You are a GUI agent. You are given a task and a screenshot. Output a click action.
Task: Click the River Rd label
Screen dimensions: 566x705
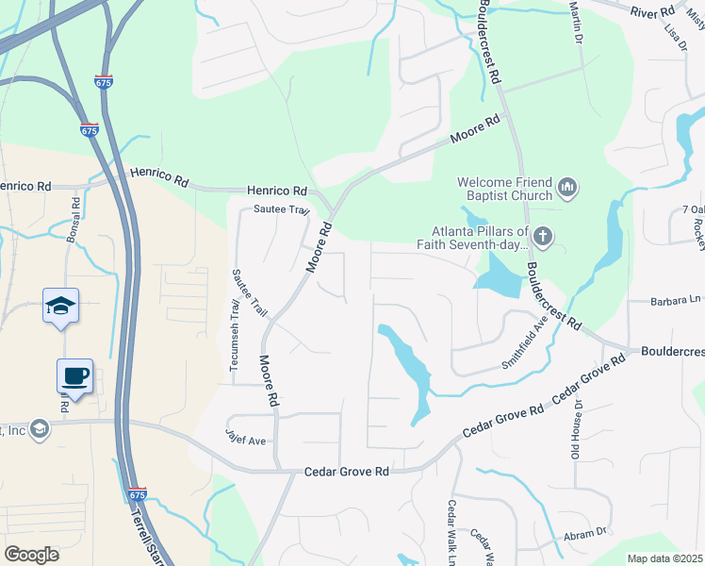tap(653, 10)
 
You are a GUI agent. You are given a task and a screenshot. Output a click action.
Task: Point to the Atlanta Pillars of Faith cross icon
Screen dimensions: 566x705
tap(542, 235)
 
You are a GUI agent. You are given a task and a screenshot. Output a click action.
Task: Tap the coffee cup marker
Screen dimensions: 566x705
tap(74, 376)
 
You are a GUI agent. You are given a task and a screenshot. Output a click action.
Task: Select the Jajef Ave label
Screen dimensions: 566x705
tap(246, 440)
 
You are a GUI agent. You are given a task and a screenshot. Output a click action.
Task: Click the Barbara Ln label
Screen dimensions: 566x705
tap(677, 302)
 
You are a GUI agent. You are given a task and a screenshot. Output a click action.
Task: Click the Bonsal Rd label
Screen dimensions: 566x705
tap(72, 218)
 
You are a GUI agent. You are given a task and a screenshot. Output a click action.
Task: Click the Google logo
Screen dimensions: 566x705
tap(31, 554)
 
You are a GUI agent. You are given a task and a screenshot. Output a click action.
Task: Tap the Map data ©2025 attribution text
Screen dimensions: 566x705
tap(664, 558)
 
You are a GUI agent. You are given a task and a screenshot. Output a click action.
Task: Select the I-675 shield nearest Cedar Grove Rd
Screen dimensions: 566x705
tap(138, 494)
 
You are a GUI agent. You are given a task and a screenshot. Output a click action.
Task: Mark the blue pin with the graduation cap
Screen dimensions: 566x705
tap(60, 306)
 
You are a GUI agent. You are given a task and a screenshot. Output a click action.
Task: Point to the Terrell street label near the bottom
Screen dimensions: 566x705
tap(149, 535)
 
